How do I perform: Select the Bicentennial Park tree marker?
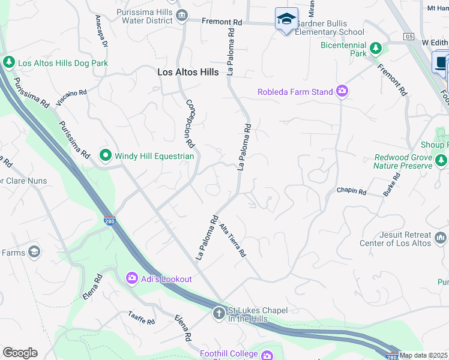pos(376,47)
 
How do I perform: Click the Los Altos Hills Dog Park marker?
pos(9,62)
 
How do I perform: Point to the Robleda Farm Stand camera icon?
pos(342,91)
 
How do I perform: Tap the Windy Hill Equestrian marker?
pos(106,156)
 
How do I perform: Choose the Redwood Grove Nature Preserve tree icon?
pos(442,160)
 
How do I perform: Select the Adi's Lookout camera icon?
pos(131,278)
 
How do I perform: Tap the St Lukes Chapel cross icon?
pos(218,313)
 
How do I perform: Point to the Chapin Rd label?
pos(351,191)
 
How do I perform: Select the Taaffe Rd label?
pos(141,318)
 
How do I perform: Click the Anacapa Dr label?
pos(100,32)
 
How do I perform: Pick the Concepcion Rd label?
pos(190,124)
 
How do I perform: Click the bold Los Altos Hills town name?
pos(188,71)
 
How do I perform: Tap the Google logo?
pos(20,353)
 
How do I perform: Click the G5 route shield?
pos(409,37)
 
